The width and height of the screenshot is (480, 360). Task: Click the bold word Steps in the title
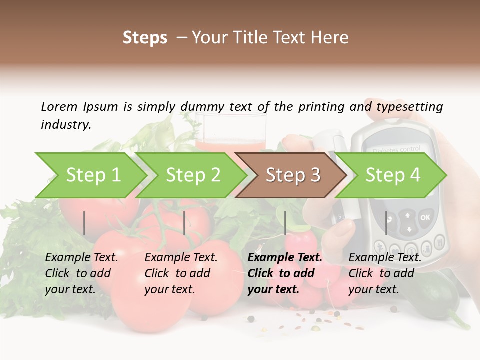pyautogui.click(x=145, y=38)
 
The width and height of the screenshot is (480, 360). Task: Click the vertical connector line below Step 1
pyautogui.click(x=84, y=223)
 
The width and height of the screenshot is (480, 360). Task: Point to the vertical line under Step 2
pyautogui.click(x=184, y=223)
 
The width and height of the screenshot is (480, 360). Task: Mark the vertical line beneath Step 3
pyautogui.click(x=285, y=223)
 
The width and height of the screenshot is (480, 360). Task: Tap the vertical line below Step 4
pyautogui.click(x=386, y=223)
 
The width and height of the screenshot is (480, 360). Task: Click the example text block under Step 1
pyautogui.click(x=81, y=273)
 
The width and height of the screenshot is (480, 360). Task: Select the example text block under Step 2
pyautogui.click(x=181, y=273)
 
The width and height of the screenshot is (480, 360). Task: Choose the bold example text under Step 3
pyautogui.click(x=284, y=273)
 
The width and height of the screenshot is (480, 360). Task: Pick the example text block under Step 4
pyautogui.click(x=385, y=273)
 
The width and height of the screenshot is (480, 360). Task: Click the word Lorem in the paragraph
pyautogui.click(x=59, y=106)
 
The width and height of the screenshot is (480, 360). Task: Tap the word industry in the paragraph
pyautogui.click(x=65, y=124)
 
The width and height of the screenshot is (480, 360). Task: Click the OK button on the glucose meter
pyautogui.click(x=425, y=217)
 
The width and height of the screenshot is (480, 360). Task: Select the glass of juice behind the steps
pyautogui.click(x=230, y=131)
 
